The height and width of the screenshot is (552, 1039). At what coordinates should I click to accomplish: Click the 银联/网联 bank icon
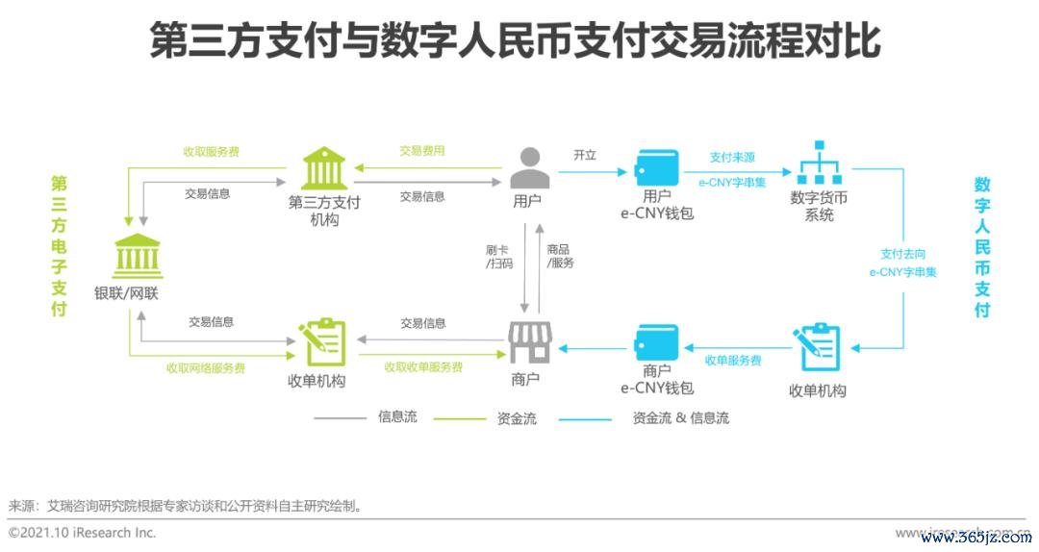pos(139,256)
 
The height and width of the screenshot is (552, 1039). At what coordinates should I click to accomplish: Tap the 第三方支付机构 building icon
pos(325,169)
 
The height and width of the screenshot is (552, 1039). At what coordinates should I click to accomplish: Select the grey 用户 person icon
pos(529,167)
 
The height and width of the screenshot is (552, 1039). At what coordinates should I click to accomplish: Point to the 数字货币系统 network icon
pos(819,163)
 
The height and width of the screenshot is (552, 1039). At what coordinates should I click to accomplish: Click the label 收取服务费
pos(212,152)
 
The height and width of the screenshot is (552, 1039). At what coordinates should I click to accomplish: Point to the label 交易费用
pos(422,151)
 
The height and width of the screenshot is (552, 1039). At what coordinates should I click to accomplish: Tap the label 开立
pos(585,154)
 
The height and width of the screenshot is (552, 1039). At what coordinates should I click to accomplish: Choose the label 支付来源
pos(732,157)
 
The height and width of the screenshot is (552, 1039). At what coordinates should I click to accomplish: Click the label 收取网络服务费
pos(206,367)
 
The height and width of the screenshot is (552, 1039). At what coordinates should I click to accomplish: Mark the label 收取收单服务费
pos(423,367)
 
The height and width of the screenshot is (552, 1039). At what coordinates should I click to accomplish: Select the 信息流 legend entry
pos(397,417)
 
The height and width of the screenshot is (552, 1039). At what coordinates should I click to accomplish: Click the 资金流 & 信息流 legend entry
pos(680,418)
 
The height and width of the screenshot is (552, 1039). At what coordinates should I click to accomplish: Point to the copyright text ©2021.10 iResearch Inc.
pos(82,532)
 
